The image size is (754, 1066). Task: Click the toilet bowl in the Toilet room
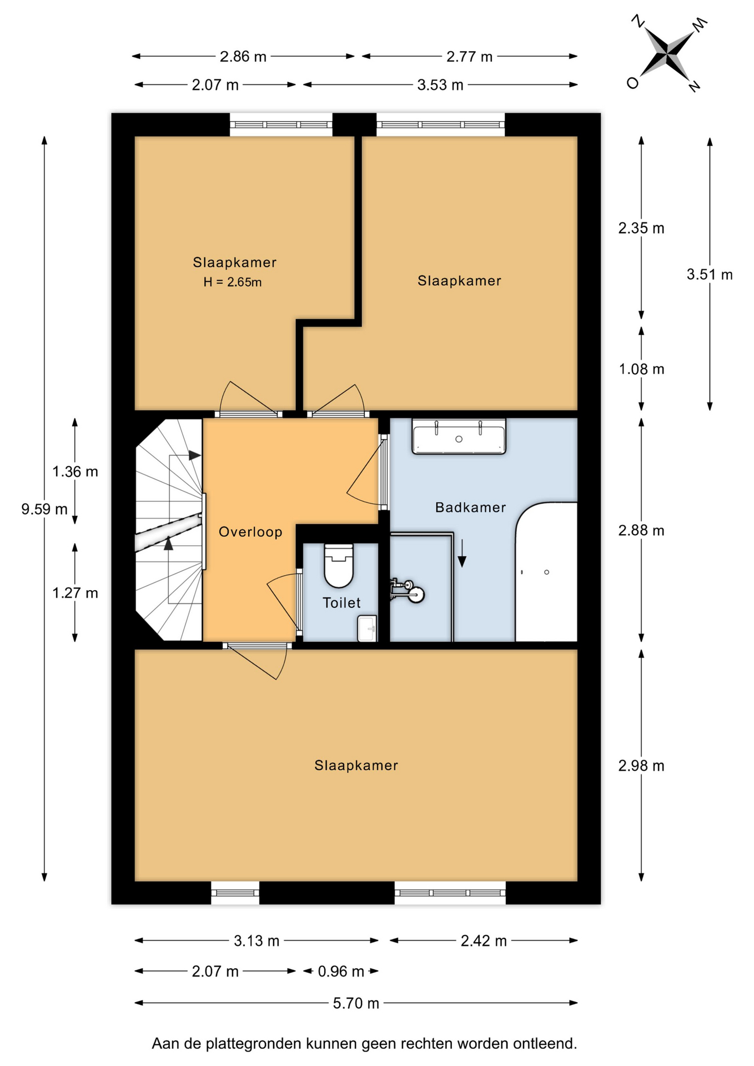[339, 565]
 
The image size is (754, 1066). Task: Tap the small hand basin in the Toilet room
[367, 628]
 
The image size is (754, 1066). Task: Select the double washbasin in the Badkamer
[459, 436]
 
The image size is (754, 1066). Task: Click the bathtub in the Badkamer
[546, 572]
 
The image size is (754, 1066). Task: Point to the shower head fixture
[409, 591]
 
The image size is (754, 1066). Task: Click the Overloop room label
[250, 532]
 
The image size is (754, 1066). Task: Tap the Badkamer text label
[470, 507]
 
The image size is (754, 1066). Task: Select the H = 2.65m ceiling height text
[233, 282]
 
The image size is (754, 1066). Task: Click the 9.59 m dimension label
[44, 509]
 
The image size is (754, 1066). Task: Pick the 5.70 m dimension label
[356, 1003]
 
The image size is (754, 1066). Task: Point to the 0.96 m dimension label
[341, 972]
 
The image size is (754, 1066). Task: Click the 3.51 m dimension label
[710, 274]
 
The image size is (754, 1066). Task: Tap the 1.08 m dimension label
[641, 369]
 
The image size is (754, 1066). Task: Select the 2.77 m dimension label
[469, 57]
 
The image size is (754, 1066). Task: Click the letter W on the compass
[700, 24]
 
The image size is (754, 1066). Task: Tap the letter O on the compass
[632, 83]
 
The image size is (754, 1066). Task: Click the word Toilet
[341, 603]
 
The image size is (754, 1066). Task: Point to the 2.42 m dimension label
[484, 941]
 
